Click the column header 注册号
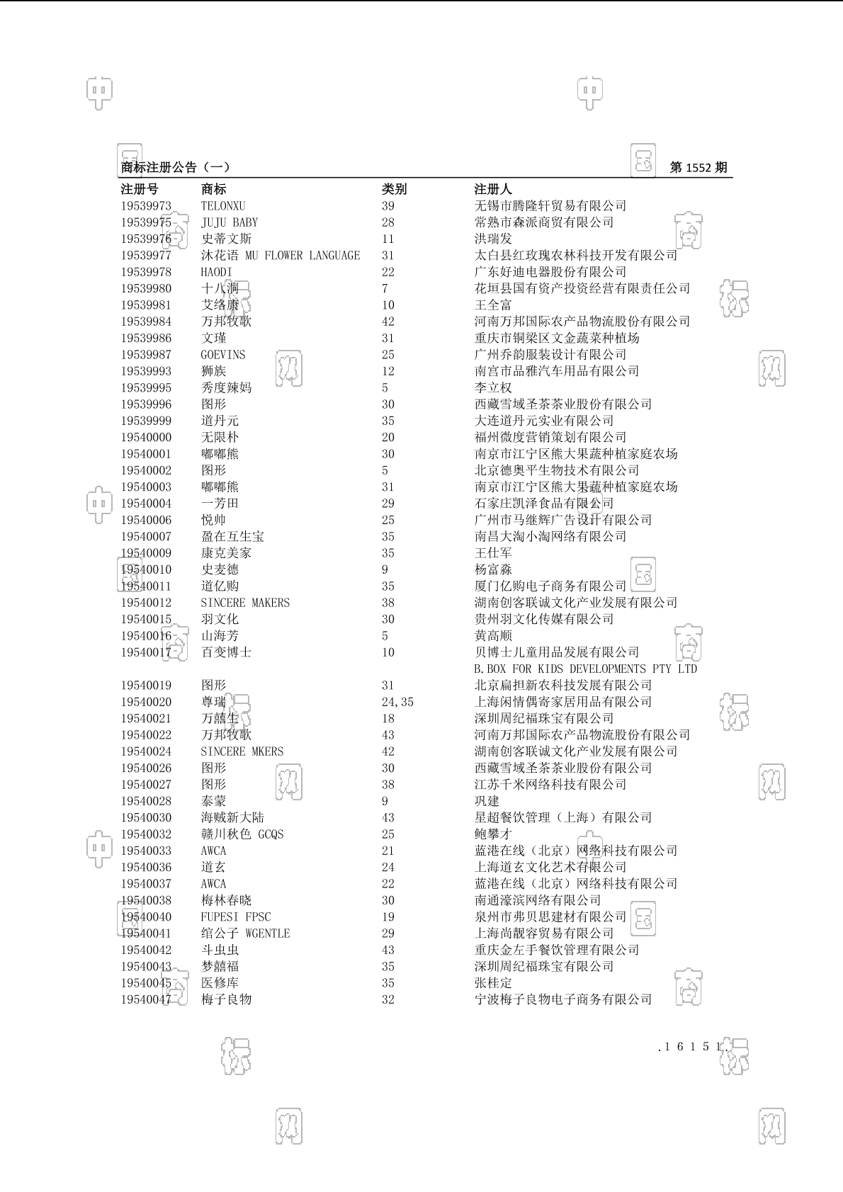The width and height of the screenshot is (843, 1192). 140,189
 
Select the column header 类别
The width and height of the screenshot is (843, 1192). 394,189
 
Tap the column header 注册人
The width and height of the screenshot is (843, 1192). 493,189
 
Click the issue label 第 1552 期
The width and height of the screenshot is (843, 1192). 698,168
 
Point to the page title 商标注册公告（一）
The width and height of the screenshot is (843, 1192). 175,168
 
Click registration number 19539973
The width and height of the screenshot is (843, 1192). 146,206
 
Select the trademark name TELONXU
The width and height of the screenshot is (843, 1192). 223,206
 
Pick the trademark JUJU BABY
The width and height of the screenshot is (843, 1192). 230,222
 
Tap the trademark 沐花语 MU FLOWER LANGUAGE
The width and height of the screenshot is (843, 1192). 281,256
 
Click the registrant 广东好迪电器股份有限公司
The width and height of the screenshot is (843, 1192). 550,272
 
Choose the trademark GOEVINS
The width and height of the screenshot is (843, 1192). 223,355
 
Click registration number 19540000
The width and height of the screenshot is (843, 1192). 146,438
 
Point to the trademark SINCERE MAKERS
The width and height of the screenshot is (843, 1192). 245,603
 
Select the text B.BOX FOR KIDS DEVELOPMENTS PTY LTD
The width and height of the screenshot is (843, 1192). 585,669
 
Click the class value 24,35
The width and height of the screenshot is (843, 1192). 397,702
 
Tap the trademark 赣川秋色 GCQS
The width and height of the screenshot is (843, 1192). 242,834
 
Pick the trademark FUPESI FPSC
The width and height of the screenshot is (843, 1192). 236,917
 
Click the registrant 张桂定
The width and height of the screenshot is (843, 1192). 493,983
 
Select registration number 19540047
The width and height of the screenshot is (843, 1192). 146,999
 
